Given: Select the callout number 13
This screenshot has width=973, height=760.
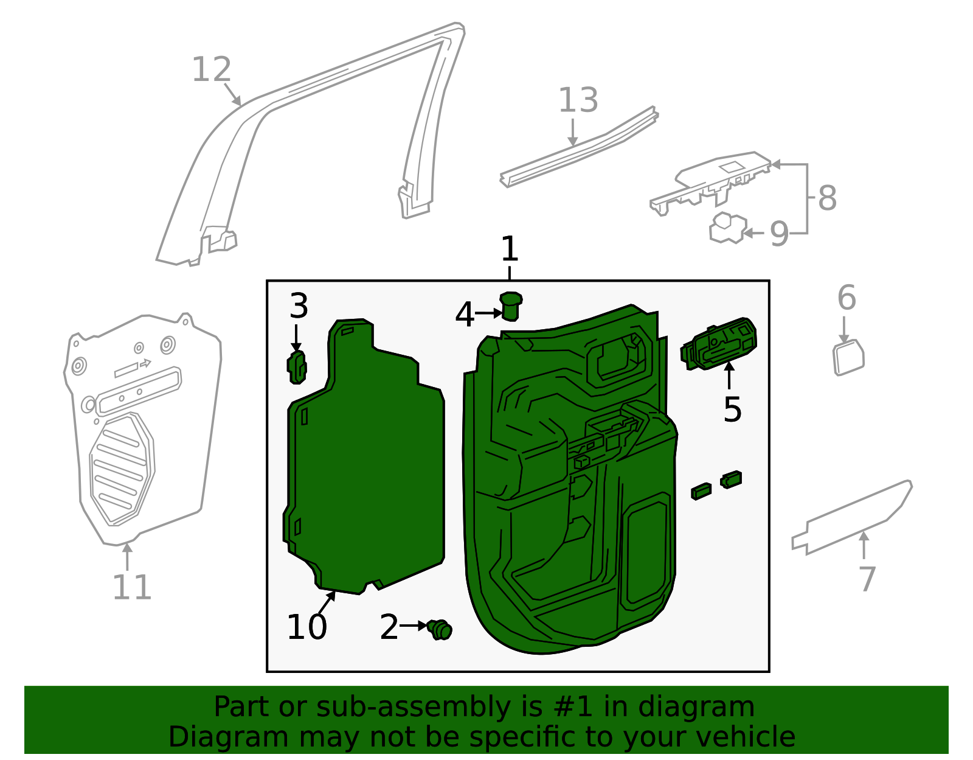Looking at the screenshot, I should point(578,100).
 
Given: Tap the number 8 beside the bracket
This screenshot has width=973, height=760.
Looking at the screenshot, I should point(827,198).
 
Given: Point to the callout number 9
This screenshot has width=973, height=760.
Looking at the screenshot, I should point(779,234).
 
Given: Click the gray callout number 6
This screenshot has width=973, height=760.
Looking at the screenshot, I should point(847,298).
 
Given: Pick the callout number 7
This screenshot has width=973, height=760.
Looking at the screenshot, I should point(867,579).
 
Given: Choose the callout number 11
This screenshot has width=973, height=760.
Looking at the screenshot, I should point(132,588).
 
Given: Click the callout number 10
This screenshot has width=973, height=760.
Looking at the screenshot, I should point(307,627).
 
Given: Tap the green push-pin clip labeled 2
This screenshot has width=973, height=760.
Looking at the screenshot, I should point(440,629).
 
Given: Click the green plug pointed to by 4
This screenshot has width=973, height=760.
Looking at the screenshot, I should point(511,306).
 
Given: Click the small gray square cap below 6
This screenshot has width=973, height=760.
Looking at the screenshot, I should point(848,358).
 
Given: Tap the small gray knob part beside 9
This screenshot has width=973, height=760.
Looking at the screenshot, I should point(727,229).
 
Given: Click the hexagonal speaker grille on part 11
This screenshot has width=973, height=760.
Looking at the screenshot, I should point(122,469).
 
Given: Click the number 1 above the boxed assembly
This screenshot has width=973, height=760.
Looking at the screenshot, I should point(510,249).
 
